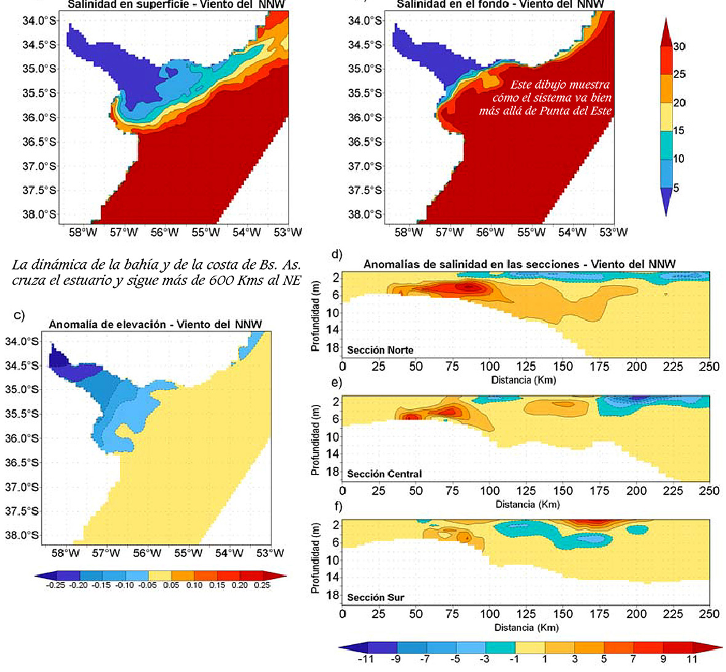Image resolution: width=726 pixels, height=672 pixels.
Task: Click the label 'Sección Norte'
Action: [380, 350]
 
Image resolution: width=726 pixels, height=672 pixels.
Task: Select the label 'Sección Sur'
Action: [375, 598]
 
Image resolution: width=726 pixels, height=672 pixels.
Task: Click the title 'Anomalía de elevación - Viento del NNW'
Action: [155, 324]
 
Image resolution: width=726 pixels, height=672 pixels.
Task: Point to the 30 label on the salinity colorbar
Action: [679, 47]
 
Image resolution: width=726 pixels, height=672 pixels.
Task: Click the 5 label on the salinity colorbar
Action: [676, 187]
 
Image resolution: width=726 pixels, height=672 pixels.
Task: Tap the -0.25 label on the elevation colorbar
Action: [56, 585]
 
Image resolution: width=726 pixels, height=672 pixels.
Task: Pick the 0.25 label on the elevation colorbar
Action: [262, 585]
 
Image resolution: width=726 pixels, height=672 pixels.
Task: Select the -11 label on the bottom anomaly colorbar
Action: [365, 660]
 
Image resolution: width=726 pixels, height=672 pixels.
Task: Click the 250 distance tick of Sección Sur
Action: [709, 614]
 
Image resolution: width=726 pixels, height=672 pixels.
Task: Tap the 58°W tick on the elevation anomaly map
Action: [65, 553]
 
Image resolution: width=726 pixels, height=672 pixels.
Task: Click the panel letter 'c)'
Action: [19, 315]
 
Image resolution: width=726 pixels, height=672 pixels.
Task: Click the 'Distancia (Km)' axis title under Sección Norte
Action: [524, 380]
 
